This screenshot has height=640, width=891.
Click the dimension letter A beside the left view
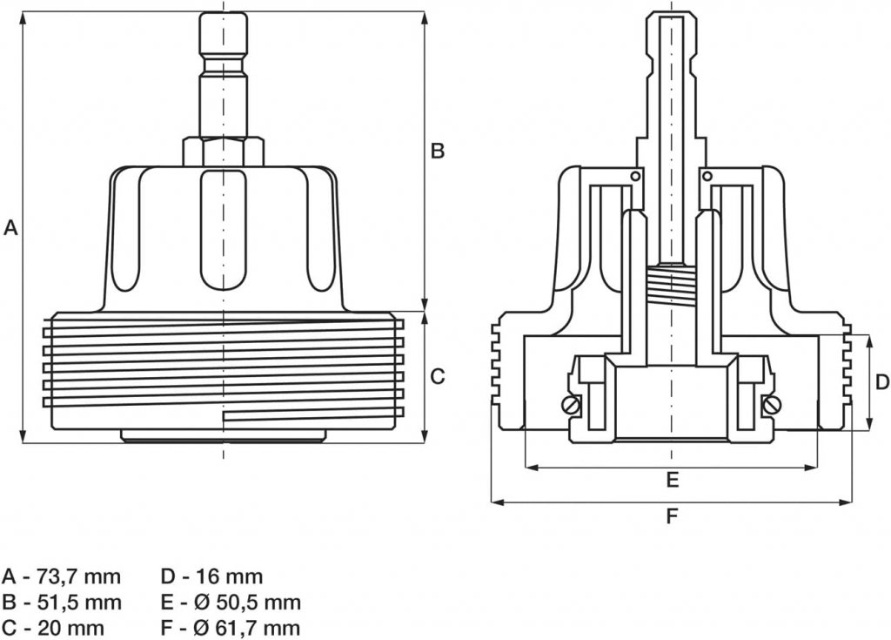point(11,228)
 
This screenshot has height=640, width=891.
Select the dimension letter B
point(438,151)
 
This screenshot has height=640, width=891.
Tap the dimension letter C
point(438,376)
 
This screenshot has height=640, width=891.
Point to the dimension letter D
point(881,381)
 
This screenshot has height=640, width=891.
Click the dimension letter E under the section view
point(672,479)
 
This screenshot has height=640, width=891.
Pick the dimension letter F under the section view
point(672,515)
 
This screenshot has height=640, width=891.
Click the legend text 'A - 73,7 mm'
point(62,576)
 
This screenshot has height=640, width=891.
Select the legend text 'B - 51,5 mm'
point(62,602)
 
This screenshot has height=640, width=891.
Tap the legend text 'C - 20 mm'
point(54,627)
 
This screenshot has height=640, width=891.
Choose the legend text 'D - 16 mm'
point(211,576)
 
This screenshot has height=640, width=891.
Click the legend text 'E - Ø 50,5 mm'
point(231,602)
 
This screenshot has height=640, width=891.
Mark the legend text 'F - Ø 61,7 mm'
point(231,627)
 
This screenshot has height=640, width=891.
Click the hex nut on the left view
point(223,152)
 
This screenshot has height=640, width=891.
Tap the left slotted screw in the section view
point(571,405)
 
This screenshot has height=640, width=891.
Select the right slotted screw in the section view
point(772,405)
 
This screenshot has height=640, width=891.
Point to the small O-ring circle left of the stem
point(637,177)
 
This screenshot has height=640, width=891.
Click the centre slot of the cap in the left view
point(223,231)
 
